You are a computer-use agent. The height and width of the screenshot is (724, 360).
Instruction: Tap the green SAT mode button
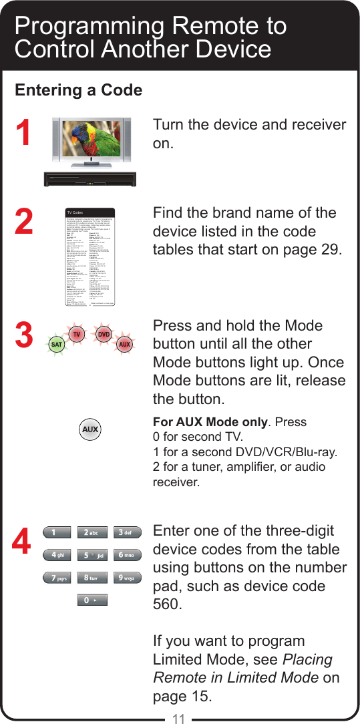pyautogui.click(x=57, y=345)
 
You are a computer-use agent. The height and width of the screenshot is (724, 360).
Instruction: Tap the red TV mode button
pyautogui.click(x=77, y=333)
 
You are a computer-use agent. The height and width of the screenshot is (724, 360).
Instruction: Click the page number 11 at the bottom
pyautogui.click(x=178, y=718)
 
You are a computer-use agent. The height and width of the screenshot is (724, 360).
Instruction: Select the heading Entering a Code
pyautogui.click(x=79, y=90)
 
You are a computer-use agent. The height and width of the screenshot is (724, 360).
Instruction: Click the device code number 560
pyautogui.click(x=167, y=604)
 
